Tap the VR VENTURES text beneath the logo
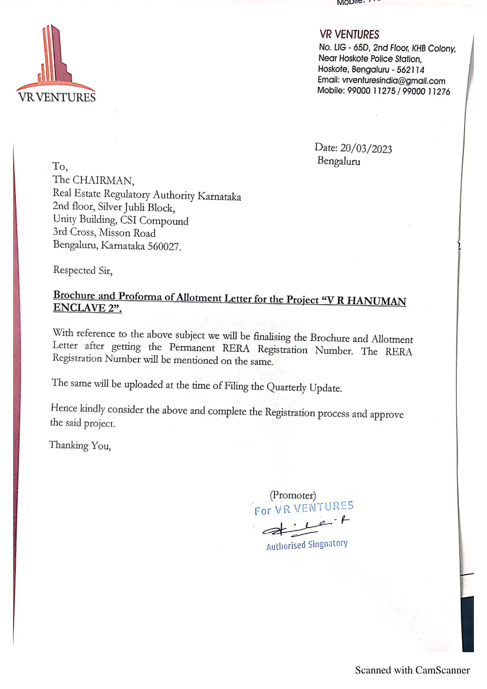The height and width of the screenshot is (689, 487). tap(57, 97)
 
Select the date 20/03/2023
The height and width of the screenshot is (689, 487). tap(366, 148)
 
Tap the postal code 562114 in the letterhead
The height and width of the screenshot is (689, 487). tap(410, 70)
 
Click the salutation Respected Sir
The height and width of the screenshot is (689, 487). tap(83, 270)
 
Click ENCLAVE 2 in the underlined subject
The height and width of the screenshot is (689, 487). tap(87, 308)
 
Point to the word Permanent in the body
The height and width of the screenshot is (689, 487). tap(192, 347)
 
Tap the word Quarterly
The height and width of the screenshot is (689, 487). tap(286, 387)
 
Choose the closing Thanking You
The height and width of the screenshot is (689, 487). tap(80, 445)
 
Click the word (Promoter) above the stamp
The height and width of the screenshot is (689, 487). tap(293, 495)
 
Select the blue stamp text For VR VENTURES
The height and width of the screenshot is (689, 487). tap(304, 508)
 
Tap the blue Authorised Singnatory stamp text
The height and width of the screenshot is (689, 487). tap(307, 545)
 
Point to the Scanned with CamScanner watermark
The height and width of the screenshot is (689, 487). tap(412, 670)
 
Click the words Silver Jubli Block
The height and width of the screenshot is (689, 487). tap(136, 207)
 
